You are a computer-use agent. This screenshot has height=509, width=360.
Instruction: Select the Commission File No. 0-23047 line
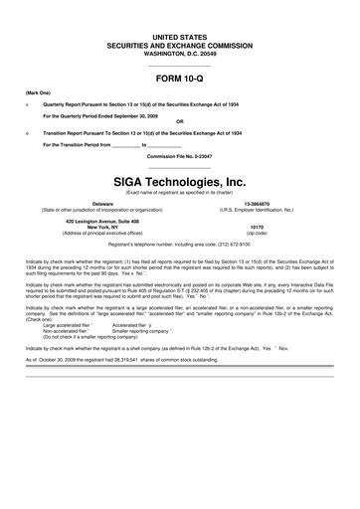(x=180, y=156)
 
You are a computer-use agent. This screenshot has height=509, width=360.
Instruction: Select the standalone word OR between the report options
(x=180, y=123)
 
